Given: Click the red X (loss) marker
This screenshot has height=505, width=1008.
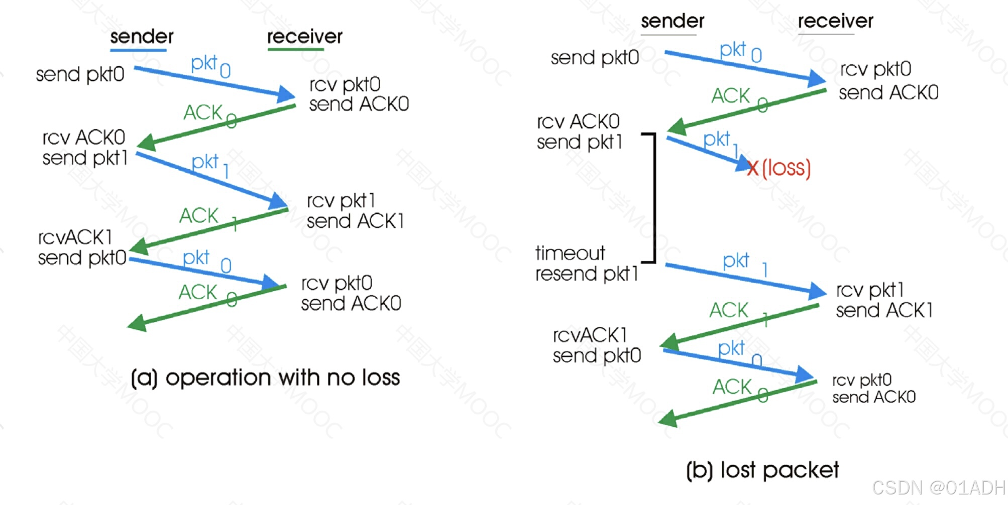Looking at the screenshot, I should (x=752, y=168).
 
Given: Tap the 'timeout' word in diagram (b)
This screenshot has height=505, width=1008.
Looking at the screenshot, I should (x=570, y=253).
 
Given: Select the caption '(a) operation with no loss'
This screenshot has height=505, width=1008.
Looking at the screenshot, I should (x=265, y=377).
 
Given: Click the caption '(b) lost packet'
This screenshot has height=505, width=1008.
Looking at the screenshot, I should (x=762, y=470).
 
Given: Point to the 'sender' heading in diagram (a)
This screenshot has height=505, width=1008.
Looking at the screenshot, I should (x=142, y=37).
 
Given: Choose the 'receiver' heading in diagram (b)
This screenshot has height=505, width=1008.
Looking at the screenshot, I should (x=835, y=21).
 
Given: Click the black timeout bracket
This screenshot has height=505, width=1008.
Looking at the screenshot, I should (x=654, y=198).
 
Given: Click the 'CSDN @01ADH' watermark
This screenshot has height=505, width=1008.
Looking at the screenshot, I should (x=938, y=487).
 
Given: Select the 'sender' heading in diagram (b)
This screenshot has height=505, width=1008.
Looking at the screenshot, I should (x=673, y=21).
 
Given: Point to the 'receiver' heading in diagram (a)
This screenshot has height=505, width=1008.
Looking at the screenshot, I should (x=304, y=37).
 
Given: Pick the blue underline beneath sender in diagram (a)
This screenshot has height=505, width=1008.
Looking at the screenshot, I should (x=138, y=50).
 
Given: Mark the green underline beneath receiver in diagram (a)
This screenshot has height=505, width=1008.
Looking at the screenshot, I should (x=302, y=49).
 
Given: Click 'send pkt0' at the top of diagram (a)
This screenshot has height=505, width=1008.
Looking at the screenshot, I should (x=80, y=75).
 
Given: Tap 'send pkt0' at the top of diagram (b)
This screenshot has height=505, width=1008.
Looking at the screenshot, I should (x=595, y=58).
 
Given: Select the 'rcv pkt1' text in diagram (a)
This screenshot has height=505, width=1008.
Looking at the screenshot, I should (x=341, y=201).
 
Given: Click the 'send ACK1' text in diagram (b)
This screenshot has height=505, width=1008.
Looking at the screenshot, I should (x=884, y=310).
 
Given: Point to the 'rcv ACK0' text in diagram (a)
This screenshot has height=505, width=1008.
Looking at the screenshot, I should (x=83, y=137).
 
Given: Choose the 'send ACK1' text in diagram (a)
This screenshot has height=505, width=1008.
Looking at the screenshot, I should (x=355, y=221).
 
